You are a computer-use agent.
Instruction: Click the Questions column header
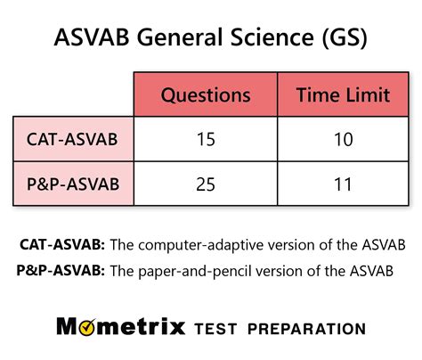pos(205,95)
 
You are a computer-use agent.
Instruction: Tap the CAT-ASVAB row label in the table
pos(74,140)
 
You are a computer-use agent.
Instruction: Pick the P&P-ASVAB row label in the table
pos(74,184)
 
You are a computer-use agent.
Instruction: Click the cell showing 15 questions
pos(205,140)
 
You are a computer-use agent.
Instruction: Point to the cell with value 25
pos(205,184)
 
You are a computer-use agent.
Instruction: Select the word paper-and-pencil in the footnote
pos(195,269)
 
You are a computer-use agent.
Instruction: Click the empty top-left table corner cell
pos(74,95)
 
